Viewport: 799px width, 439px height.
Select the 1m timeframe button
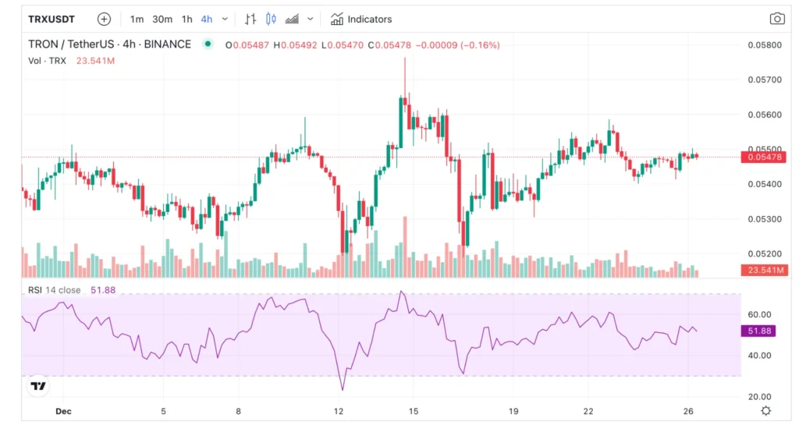[x=137, y=19]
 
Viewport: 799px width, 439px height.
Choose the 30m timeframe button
[x=162, y=19]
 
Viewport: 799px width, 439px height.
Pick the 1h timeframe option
[x=187, y=19]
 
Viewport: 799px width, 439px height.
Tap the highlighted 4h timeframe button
[x=207, y=19]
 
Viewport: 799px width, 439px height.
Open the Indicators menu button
[x=361, y=19]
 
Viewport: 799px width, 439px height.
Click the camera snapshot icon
[x=776, y=19]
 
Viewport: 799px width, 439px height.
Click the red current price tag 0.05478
[x=764, y=158]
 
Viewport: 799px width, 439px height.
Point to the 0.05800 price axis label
[x=763, y=45]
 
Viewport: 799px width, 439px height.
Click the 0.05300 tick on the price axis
[x=763, y=219]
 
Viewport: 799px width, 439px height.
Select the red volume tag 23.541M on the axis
[x=764, y=271]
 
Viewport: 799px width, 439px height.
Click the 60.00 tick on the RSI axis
[x=760, y=314]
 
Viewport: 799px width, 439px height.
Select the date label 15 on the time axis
[x=414, y=411]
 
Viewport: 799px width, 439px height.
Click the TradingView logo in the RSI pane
[x=37, y=386]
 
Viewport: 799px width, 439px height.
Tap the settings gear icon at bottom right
[x=766, y=411]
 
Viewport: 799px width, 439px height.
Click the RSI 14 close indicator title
[x=55, y=290]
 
